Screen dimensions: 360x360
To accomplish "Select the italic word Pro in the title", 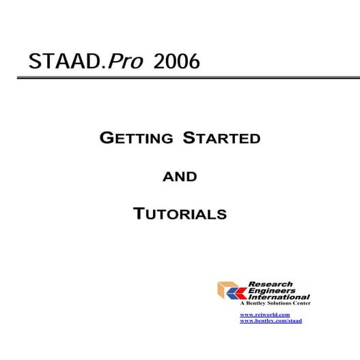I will (x=124, y=63).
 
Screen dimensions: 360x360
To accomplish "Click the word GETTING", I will (x=137, y=139).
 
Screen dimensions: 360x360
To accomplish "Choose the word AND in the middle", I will (x=180, y=177).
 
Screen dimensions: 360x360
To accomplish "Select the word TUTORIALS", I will (x=180, y=214).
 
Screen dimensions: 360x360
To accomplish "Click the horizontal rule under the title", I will (x=180, y=79).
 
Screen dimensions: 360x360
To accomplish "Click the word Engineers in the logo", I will (x=271, y=290).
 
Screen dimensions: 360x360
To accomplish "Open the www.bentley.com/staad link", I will (x=271, y=320).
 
